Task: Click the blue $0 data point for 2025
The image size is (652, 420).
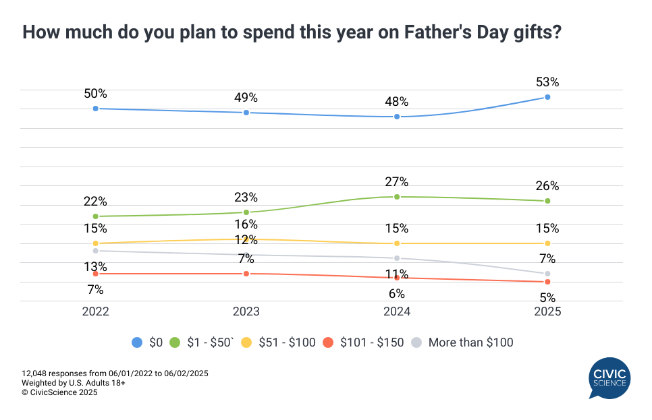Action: (x=547, y=97)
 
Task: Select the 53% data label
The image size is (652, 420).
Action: (x=547, y=82)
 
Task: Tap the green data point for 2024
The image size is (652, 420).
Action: (x=397, y=197)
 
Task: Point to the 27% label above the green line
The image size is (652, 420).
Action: (x=397, y=182)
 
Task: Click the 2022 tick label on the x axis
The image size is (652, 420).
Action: (x=95, y=312)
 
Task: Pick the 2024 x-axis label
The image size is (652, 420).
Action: (x=397, y=312)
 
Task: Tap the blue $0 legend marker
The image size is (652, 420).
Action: (x=137, y=342)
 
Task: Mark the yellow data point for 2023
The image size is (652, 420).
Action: (x=246, y=239)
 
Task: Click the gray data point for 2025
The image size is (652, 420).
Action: (x=547, y=274)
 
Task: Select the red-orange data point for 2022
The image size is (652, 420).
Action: (x=95, y=274)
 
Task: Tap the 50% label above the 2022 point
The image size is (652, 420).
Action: (x=95, y=94)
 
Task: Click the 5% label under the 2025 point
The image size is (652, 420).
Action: (x=547, y=297)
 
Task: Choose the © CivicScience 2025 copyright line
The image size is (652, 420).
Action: (x=59, y=392)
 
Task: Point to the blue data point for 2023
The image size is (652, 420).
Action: (x=246, y=113)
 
